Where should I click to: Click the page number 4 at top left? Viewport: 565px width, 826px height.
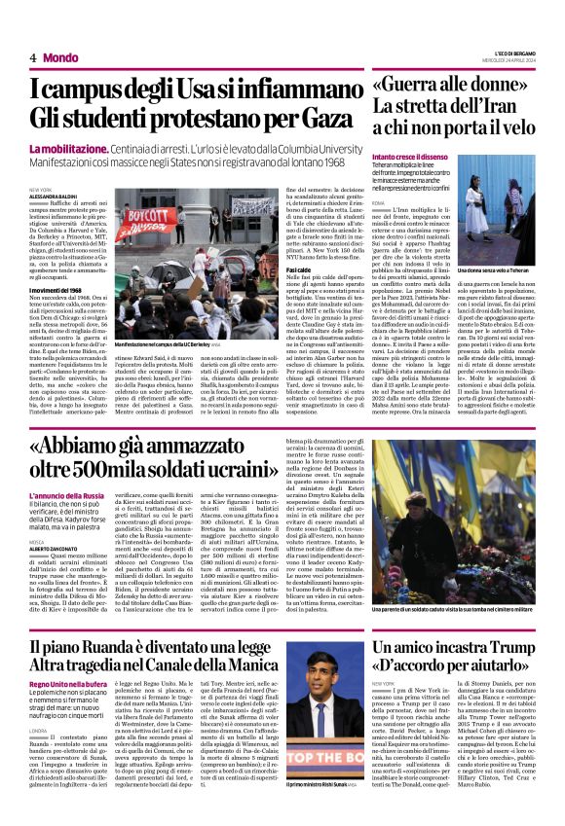click(x=33, y=57)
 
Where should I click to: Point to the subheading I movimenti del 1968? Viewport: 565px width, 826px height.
click(x=60, y=290)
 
